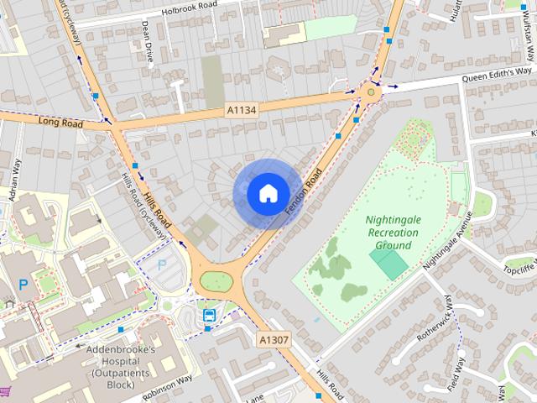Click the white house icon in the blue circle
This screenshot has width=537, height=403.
click(268, 193)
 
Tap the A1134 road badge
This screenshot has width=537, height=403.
click(240, 110)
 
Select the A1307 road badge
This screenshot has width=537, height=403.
click(273, 340)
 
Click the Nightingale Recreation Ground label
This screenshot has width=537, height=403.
click(388, 233)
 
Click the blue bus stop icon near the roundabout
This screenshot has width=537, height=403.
click(209, 316)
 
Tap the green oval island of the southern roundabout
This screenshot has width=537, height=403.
click(216, 281)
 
